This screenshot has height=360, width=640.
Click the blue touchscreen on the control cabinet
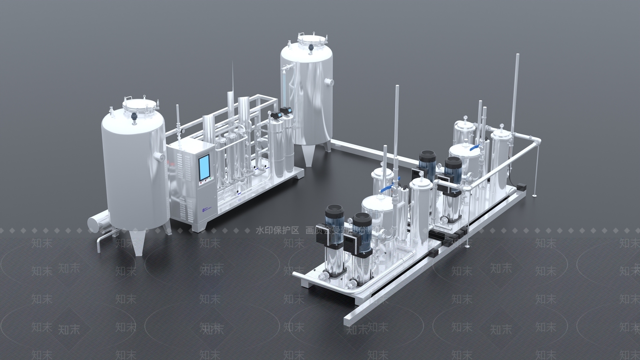click(204, 167)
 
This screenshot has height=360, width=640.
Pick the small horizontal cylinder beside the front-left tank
click(98, 223)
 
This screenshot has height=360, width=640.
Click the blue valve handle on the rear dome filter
click(475, 148)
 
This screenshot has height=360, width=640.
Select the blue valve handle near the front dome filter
click(386, 188)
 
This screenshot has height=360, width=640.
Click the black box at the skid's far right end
click(521, 186)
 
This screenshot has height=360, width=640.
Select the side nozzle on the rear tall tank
click(330, 82)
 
